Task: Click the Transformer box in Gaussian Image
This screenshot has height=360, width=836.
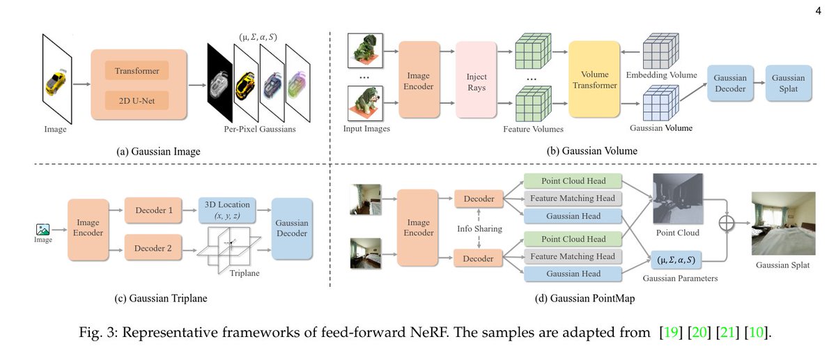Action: point(137,71)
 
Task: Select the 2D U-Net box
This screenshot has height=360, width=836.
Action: point(137,101)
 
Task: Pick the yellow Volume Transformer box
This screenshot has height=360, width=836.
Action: point(594,79)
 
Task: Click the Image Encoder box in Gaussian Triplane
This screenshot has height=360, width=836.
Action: point(88,228)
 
